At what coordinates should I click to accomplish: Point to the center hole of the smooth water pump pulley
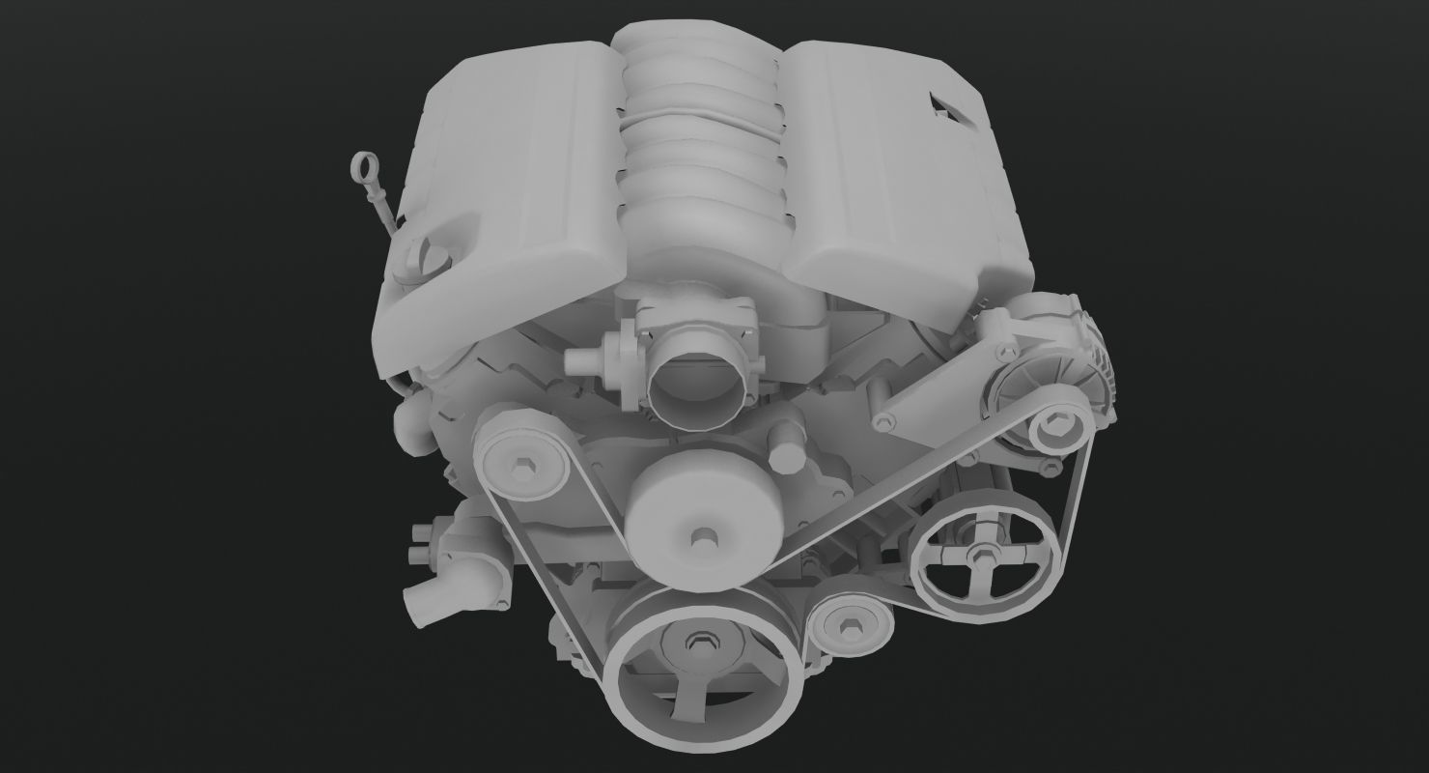[700, 538]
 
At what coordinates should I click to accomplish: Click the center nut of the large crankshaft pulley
[699, 644]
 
